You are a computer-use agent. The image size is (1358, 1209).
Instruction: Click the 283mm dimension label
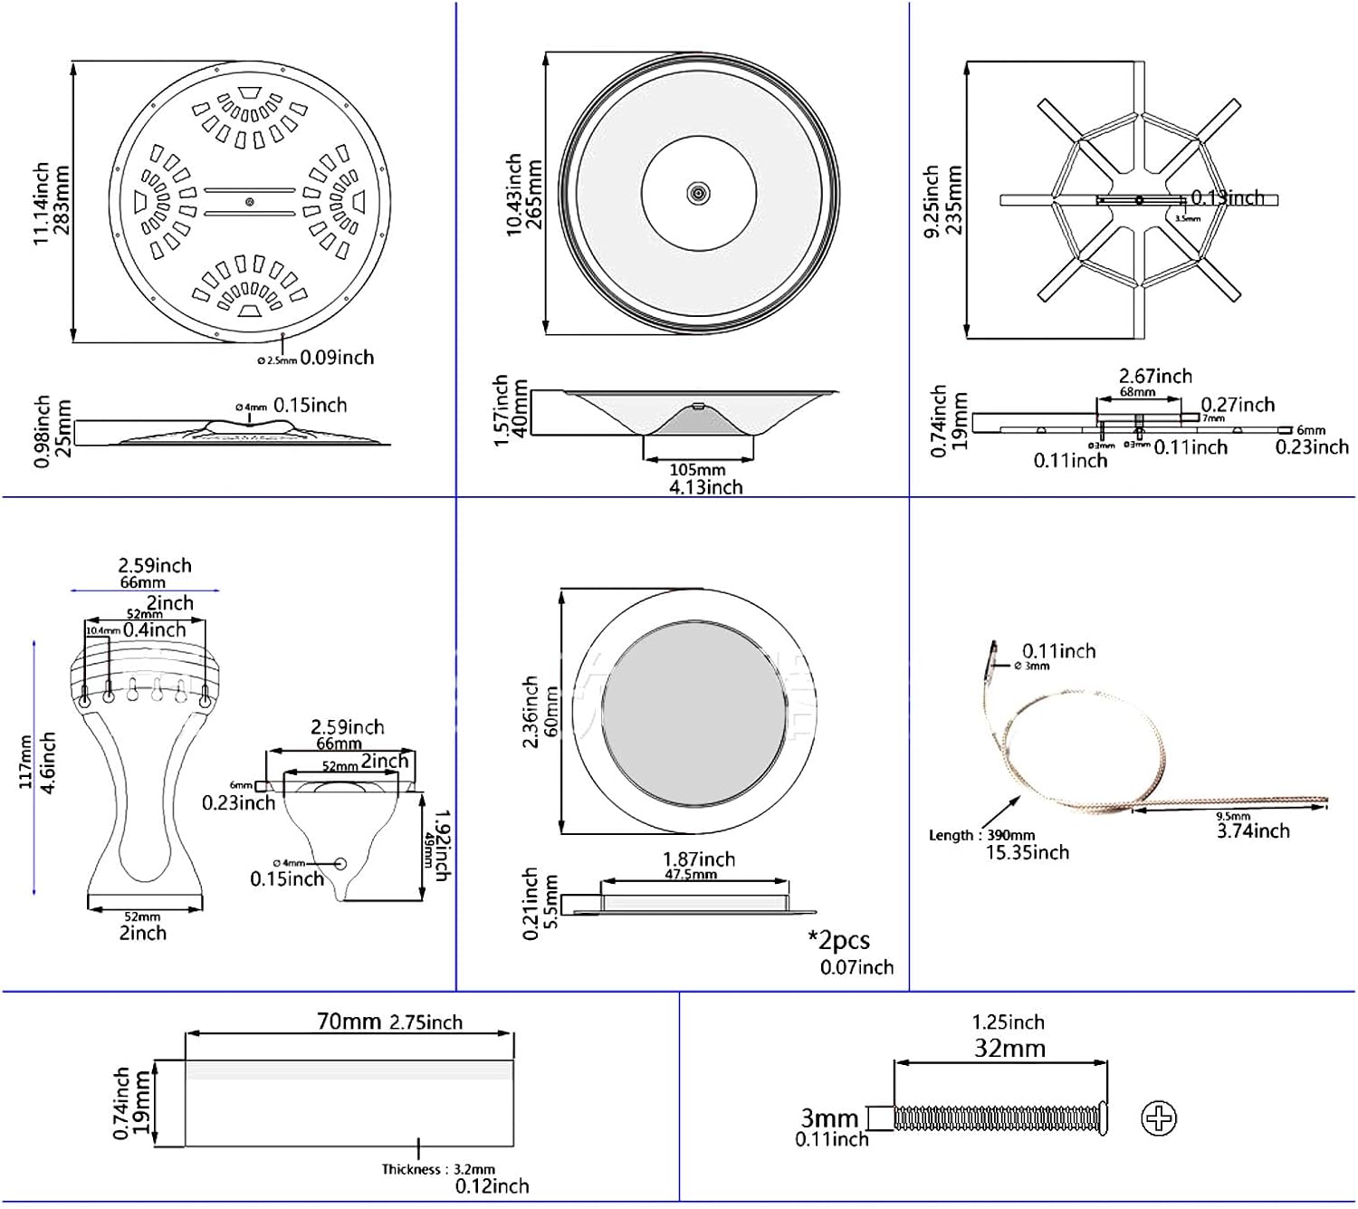tap(62, 200)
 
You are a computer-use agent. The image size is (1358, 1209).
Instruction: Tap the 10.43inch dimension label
tap(513, 195)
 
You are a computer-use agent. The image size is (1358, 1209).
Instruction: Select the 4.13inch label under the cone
tap(705, 487)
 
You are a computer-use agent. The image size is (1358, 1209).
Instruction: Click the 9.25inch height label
tap(931, 201)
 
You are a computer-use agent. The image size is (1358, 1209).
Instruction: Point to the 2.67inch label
tap(1155, 376)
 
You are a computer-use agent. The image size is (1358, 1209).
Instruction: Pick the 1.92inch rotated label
tap(441, 845)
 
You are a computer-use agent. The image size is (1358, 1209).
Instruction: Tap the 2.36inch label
tap(531, 712)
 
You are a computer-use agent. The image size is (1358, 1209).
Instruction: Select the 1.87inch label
tap(698, 859)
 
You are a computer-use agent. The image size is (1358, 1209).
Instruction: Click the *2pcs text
tap(838, 940)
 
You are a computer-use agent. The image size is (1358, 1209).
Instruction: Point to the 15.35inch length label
tap(1027, 852)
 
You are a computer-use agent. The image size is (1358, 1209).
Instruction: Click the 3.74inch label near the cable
tap(1252, 830)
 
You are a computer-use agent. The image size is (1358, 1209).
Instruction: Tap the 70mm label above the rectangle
tap(348, 1022)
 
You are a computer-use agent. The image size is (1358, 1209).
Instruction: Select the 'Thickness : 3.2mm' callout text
tap(438, 1169)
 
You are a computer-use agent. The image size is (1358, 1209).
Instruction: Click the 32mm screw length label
tap(1009, 1049)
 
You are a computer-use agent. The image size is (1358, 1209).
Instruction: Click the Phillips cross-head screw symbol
tap(1159, 1118)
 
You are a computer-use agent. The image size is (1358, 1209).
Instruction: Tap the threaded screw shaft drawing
tap(996, 1118)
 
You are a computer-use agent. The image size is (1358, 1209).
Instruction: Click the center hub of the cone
tap(698, 193)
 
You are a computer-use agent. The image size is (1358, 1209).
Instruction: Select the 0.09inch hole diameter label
tap(337, 358)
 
